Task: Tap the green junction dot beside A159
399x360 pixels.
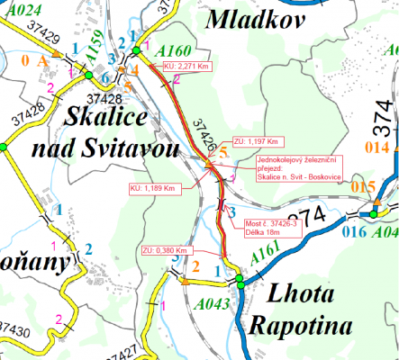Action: pos(104,78)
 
